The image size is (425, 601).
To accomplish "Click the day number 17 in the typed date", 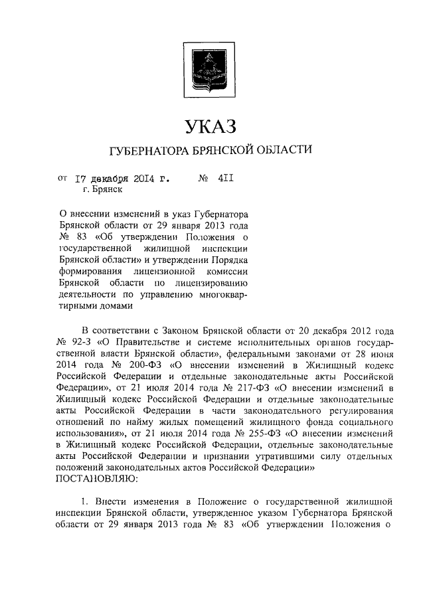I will (80, 178).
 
